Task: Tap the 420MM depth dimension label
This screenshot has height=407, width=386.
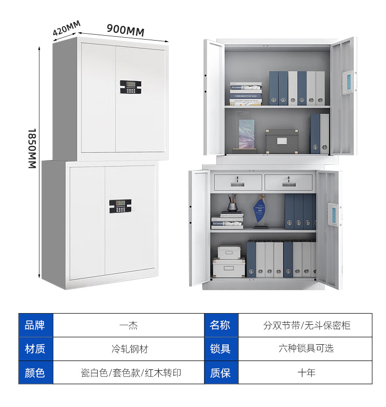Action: [66, 28]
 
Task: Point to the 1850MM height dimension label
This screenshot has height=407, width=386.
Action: [32, 149]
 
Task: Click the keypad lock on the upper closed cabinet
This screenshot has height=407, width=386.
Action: [130, 87]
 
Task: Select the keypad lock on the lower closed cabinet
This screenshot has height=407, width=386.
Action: [120, 206]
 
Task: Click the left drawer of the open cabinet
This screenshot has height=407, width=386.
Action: [237, 182]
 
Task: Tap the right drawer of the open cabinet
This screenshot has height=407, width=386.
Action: [288, 182]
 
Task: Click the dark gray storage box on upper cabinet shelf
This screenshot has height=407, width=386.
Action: [282, 141]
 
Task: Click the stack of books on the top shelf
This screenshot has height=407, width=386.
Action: [245, 93]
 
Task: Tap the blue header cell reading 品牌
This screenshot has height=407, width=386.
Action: [35, 325]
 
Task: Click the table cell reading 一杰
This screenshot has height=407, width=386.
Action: [129, 325]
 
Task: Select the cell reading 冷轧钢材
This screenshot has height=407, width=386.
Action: [129, 349]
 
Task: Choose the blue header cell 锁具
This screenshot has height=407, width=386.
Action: [221, 349]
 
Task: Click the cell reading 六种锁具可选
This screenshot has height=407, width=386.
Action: [306, 349]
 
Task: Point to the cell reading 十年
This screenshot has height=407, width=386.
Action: [306, 373]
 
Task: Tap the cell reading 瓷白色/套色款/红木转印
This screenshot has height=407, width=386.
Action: [129, 373]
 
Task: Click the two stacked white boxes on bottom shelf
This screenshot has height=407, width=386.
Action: [229, 261]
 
